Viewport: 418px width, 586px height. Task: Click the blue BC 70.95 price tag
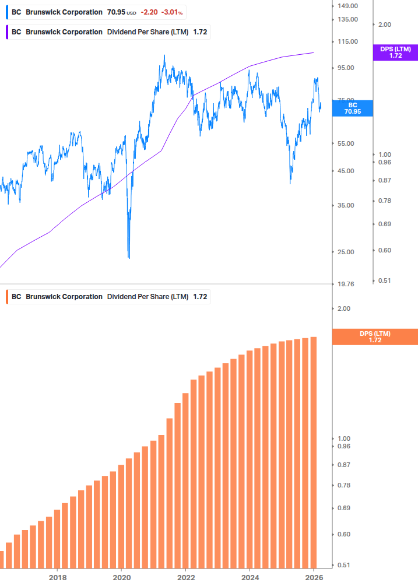pyautogui.click(x=352, y=108)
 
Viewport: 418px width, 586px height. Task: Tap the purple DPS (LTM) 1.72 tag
pyautogui.click(x=395, y=52)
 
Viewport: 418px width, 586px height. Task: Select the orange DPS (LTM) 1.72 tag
pyautogui.click(x=374, y=336)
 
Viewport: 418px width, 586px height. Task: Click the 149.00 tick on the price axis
pyautogui.click(x=347, y=6)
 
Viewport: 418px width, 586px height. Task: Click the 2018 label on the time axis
pyautogui.click(x=57, y=578)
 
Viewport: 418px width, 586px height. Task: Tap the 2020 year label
pyautogui.click(x=121, y=578)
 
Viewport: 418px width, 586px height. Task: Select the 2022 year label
pyautogui.click(x=185, y=578)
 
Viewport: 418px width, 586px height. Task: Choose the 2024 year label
pyautogui.click(x=250, y=578)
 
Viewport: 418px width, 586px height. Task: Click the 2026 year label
pyautogui.click(x=314, y=578)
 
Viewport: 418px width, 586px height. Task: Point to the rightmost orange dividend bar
pyautogui.click(x=313, y=452)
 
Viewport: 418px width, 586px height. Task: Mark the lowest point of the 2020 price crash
pyautogui.click(x=129, y=257)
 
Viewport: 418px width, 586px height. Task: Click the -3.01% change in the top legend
pyautogui.click(x=172, y=12)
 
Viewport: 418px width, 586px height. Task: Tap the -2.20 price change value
pyautogui.click(x=149, y=12)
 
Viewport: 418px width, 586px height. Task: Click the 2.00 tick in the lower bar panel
pyautogui.click(x=343, y=308)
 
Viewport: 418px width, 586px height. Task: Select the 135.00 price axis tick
pyautogui.click(x=347, y=19)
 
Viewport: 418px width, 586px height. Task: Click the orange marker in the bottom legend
pyautogui.click(x=7, y=297)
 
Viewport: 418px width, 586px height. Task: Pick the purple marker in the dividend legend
pyautogui.click(x=7, y=32)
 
